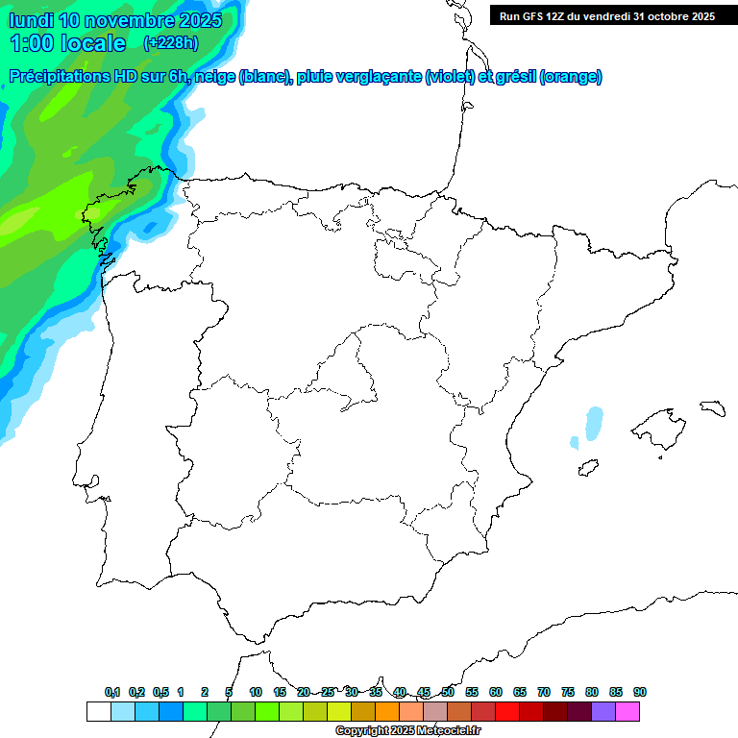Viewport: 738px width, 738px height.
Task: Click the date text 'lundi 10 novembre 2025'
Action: pyautogui.click(x=115, y=20)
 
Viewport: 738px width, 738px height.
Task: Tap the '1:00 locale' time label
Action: pyautogui.click(x=67, y=43)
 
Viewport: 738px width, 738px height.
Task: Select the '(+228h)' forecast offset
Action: pyautogui.click(x=170, y=43)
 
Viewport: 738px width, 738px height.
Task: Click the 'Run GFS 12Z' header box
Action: pyautogui.click(x=607, y=15)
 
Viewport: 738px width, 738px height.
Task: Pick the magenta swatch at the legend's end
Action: pyautogui.click(x=627, y=712)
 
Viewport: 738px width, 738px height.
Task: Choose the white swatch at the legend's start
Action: pyautogui.click(x=98, y=712)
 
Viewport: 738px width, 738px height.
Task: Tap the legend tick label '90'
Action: pyautogui.click(x=640, y=692)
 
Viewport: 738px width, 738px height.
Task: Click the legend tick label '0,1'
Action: pyautogui.click(x=112, y=692)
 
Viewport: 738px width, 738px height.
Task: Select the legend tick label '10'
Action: pyautogui.click(x=256, y=692)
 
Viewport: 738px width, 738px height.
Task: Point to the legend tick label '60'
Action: pyautogui.click(x=496, y=692)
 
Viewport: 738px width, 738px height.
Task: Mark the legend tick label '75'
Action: pyautogui.click(x=568, y=692)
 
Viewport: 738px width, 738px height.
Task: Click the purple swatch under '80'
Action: pyautogui.click(x=603, y=712)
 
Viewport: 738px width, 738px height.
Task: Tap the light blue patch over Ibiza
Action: pyautogui.click(x=594, y=423)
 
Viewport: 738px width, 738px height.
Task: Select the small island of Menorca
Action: pyautogui.click(x=712, y=407)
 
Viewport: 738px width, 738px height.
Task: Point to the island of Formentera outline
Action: pyautogui.click(x=586, y=469)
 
